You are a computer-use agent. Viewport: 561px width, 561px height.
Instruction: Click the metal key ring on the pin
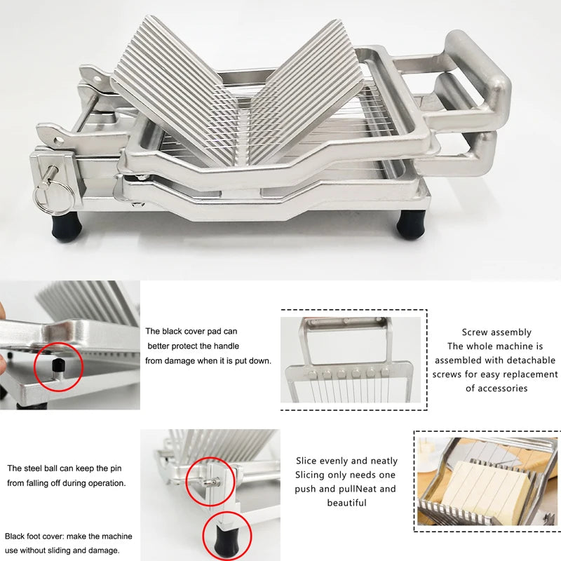pyautogui.click(x=43, y=199)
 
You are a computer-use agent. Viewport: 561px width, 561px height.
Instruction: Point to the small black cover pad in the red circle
pyautogui.click(x=59, y=364)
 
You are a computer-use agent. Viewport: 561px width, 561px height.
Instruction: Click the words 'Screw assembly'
pyautogui.click(x=496, y=332)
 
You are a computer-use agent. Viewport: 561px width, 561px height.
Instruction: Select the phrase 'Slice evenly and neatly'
pyautogui.click(x=346, y=461)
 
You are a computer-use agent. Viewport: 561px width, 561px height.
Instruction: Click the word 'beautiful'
pyautogui.click(x=346, y=503)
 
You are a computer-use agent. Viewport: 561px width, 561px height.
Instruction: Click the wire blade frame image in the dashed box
pyautogui.click(x=350, y=360)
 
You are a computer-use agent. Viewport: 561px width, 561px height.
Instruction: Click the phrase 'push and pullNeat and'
pyautogui.click(x=346, y=489)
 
